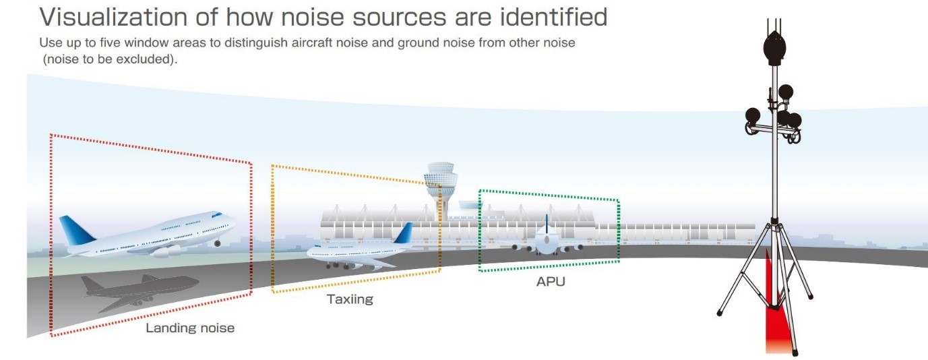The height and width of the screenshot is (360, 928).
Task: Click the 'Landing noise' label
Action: pyautogui.click(x=190, y=328)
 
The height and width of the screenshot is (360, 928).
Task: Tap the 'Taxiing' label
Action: pyautogui.click(x=349, y=299)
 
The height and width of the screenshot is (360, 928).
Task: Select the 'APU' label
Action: pyautogui.click(x=550, y=281)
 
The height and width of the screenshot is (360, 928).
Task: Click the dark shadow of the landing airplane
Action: pyautogui.click(x=138, y=291)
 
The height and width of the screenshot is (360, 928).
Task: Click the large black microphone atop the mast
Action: pyautogui.click(x=773, y=48)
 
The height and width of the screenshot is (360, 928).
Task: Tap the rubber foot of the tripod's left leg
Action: pyautogui.click(x=720, y=313)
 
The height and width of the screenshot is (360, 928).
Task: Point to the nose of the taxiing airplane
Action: pyautogui.click(x=311, y=253)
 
